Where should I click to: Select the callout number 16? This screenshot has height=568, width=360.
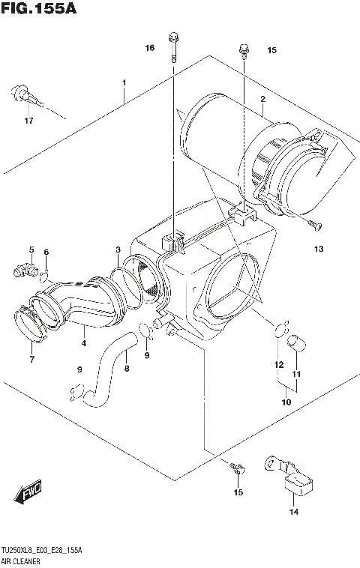tap(150, 48)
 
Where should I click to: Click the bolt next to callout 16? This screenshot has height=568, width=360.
tap(174, 45)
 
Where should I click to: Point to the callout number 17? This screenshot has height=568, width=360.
tap(28, 121)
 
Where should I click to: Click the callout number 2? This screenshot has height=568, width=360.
tap(262, 99)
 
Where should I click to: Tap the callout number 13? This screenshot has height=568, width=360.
tap(318, 248)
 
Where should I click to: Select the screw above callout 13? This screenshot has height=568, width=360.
tap(313, 223)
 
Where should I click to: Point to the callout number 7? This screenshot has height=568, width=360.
tap(31, 360)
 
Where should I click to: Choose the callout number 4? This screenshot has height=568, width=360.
tap(83, 343)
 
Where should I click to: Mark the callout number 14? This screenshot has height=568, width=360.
tap(293, 512)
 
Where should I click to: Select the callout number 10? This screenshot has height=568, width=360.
tap(286, 402)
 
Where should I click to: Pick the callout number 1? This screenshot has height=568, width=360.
tap(124, 82)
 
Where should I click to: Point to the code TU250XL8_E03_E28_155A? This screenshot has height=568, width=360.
tap(42, 551)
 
